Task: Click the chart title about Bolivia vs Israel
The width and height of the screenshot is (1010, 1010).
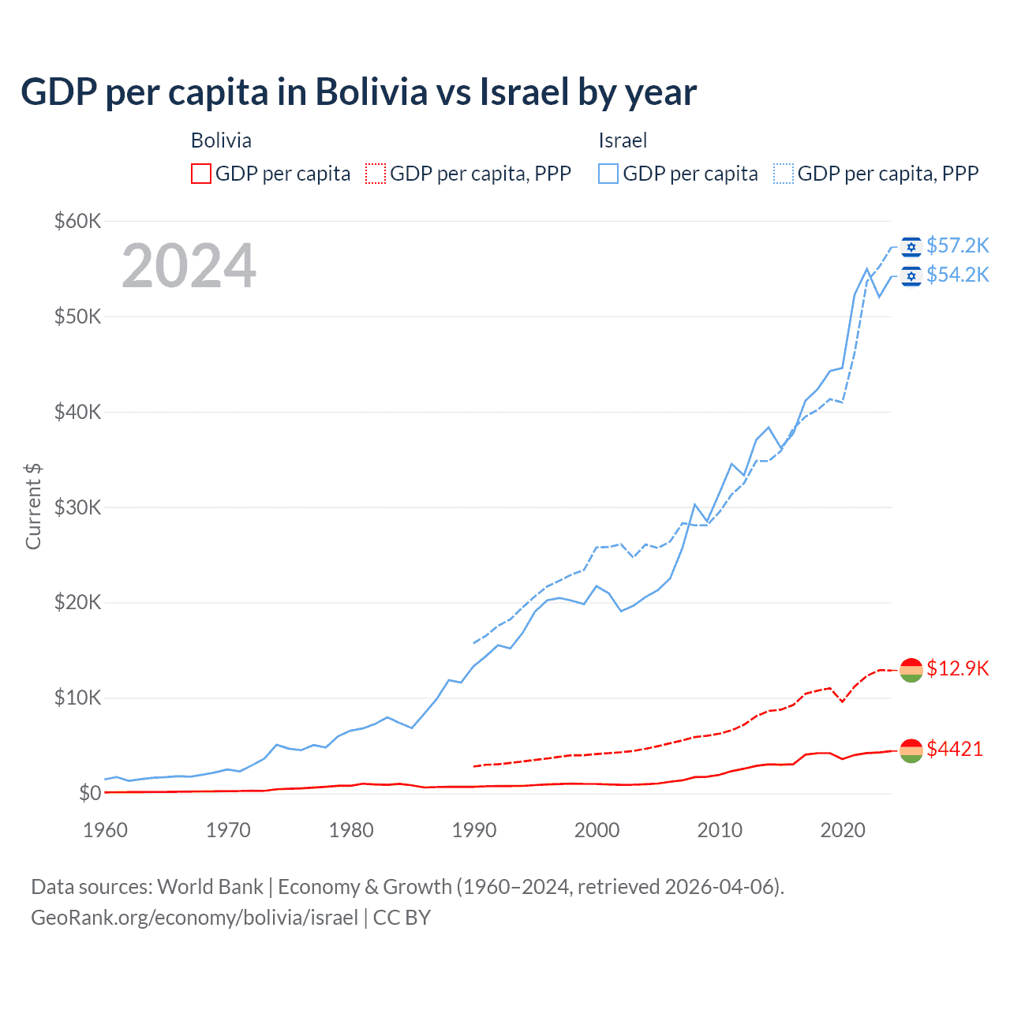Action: pos(358,92)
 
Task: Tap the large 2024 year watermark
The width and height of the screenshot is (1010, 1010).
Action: pos(189,266)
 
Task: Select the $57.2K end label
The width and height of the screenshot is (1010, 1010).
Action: pos(957,246)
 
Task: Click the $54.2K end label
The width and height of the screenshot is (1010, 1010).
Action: pos(957,275)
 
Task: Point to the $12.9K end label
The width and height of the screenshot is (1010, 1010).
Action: pos(957,669)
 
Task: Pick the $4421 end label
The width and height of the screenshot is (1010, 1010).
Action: pos(955,749)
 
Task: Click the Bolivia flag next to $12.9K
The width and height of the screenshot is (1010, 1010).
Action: pos(911,670)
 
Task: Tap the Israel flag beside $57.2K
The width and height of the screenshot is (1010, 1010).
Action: pos(911,247)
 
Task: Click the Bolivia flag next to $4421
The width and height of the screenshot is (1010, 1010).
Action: pos(911,750)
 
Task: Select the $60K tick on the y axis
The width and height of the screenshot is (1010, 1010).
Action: pos(77,221)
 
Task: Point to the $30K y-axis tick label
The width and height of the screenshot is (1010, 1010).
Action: pos(77,507)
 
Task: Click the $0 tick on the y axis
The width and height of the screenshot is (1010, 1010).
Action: pos(89,793)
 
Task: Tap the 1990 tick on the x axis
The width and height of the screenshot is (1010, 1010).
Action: pos(474,830)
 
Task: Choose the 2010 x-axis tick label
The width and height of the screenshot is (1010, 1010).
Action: pos(720,830)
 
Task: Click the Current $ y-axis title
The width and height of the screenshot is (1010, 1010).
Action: pos(33,507)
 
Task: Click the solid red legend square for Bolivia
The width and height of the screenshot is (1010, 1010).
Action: pos(201,174)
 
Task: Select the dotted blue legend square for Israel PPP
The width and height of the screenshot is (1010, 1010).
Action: pos(784,174)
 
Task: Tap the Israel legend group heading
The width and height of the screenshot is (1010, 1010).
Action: pos(623,140)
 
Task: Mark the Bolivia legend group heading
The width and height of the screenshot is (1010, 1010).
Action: pos(221,140)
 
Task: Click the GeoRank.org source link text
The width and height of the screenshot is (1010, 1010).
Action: pos(194,918)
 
